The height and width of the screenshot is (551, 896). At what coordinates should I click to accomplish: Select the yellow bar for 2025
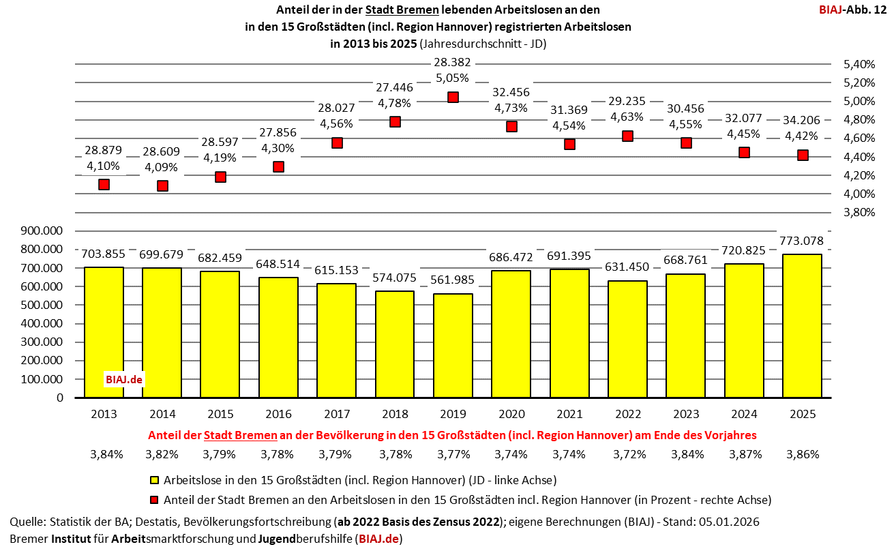tap(802, 326)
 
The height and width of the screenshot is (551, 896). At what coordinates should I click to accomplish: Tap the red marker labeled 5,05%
tap(453, 98)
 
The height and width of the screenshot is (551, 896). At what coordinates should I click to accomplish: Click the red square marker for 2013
tap(104, 184)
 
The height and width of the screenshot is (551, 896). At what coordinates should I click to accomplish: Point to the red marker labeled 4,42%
tap(803, 155)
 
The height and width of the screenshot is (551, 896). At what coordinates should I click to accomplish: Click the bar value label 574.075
tap(394, 278)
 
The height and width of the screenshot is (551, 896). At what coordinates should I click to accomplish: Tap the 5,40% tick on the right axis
tap(858, 65)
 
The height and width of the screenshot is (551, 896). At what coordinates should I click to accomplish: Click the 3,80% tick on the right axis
tap(858, 212)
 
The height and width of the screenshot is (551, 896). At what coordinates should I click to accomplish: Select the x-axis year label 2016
tap(278, 414)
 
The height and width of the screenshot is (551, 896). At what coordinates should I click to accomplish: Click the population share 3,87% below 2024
tap(744, 453)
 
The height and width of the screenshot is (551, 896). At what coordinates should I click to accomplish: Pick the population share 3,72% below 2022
tap(628, 453)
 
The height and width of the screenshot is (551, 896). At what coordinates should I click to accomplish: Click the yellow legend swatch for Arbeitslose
tap(155, 480)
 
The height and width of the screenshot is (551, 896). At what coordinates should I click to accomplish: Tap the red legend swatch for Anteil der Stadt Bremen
tap(155, 500)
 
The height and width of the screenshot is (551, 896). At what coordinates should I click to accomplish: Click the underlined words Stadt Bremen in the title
tap(402, 10)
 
